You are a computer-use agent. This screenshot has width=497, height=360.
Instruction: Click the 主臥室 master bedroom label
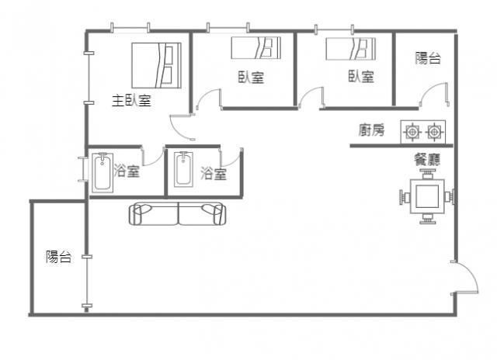(x=131, y=100)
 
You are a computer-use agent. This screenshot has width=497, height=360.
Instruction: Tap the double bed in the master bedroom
(x=156, y=65)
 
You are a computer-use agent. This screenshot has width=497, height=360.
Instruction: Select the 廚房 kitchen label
(x=371, y=130)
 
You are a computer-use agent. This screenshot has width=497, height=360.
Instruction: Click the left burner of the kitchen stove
(x=412, y=131)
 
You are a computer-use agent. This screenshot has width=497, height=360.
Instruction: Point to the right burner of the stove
(x=434, y=131)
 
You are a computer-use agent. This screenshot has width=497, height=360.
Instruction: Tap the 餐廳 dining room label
(x=427, y=160)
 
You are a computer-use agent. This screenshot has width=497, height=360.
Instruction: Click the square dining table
(x=427, y=196)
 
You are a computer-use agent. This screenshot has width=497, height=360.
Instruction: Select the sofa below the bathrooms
(x=178, y=213)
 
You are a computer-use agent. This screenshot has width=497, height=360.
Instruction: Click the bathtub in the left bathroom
(x=103, y=173)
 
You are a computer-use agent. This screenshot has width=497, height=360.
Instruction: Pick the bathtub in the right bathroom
(x=183, y=169)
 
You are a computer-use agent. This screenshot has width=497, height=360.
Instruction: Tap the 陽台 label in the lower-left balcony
(x=59, y=257)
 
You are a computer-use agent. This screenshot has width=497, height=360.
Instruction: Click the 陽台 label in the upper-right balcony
(x=428, y=58)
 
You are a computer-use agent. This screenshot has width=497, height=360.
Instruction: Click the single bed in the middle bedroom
(x=255, y=48)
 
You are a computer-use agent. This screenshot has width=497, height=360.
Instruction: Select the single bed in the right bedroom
(x=351, y=49)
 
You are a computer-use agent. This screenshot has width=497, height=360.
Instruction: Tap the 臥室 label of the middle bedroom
(x=251, y=78)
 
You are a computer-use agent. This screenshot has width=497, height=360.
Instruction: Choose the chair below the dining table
(x=428, y=219)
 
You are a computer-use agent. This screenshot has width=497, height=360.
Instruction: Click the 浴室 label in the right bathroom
(x=214, y=174)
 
